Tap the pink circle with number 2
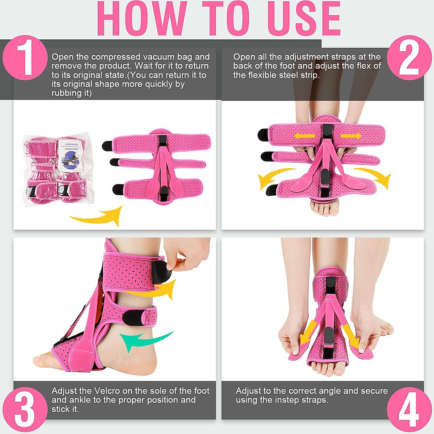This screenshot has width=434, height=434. tap(409, 58)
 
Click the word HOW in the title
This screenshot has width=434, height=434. tap(142, 19)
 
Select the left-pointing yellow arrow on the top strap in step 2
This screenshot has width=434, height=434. tap(303, 136)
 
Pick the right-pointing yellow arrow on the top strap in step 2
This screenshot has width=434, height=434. tap(350, 136)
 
